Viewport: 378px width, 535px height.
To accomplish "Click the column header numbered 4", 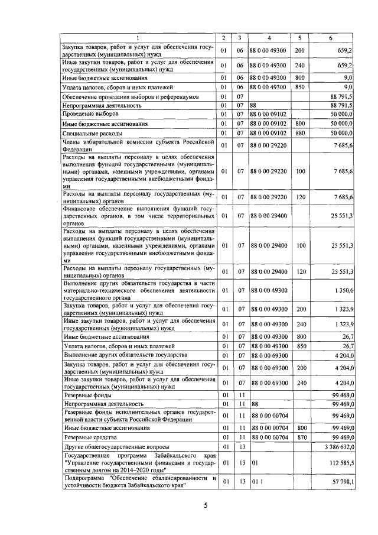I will tap(269, 38).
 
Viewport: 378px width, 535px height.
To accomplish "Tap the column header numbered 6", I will tap(330, 38).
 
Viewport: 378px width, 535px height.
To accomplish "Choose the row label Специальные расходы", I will tap(93, 134).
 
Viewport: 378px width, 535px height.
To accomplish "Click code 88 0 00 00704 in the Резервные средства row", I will tap(269, 437).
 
